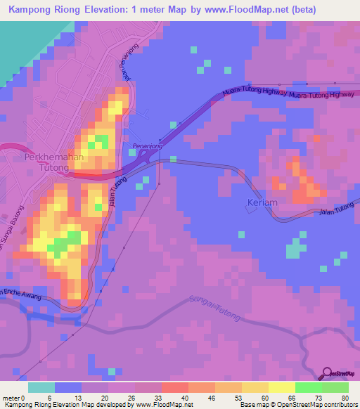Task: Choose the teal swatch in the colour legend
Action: (x=41, y=387)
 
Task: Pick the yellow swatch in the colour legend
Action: (x=282, y=387)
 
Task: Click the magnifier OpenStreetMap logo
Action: (x=327, y=373)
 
